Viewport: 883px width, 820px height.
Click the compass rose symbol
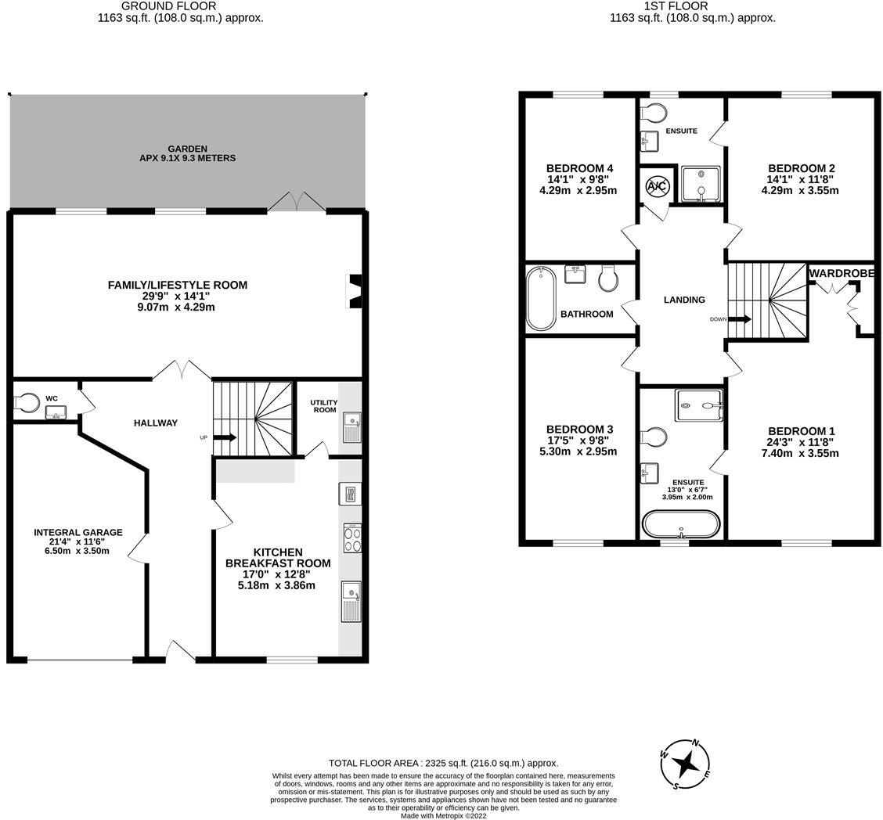click(x=686, y=764)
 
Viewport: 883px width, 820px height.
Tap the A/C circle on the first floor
click(x=655, y=187)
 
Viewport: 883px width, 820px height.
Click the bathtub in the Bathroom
click(x=540, y=298)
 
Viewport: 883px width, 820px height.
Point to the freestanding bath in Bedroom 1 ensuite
click(x=680, y=524)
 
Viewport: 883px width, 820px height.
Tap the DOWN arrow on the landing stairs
click(x=741, y=319)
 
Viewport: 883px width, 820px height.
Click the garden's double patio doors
click(x=296, y=202)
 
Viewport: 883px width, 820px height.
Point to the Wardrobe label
click(x=842, y=273)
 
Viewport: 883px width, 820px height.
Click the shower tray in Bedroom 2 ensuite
click(x=699, y=185)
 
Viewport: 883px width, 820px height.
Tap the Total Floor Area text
click(x=443, y=763)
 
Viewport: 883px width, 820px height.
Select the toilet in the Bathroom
click(x=609, y=278)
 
